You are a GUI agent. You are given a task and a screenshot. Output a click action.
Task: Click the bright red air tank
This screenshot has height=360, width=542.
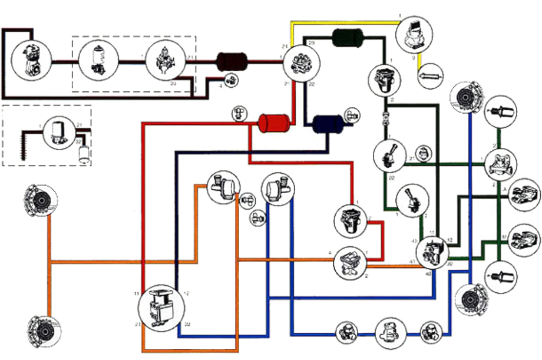point(272,123)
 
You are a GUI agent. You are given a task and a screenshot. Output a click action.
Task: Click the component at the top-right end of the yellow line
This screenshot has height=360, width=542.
point(415,35)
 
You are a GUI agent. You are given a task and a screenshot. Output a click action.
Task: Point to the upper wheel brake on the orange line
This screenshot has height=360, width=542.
point(41,202)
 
